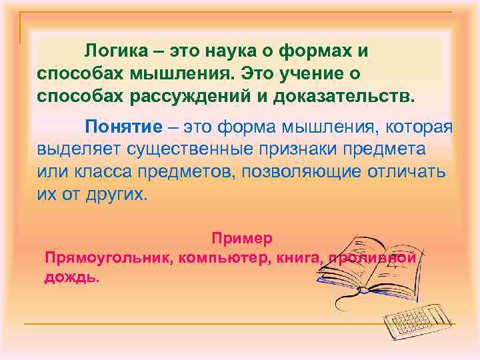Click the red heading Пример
point(242,238)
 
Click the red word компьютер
point(221,257)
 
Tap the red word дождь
point(71,277)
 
